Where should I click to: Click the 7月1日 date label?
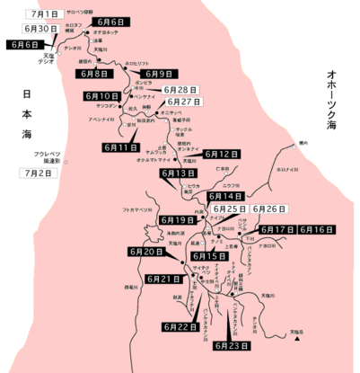click(43, 15)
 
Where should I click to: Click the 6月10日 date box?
click(101, 96)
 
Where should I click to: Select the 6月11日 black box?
click(121, 147)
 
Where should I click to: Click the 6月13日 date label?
click(179, 173)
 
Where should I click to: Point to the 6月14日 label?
click(225, 196)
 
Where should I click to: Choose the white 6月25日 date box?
click(230, 209)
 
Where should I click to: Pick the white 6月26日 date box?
click(269, 209)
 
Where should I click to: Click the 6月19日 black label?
click(178, 220)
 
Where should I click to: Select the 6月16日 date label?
click(317, 230)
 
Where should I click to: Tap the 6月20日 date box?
click(146, 253)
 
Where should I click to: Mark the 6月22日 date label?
click(181, 327)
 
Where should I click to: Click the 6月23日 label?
click(233, 345)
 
